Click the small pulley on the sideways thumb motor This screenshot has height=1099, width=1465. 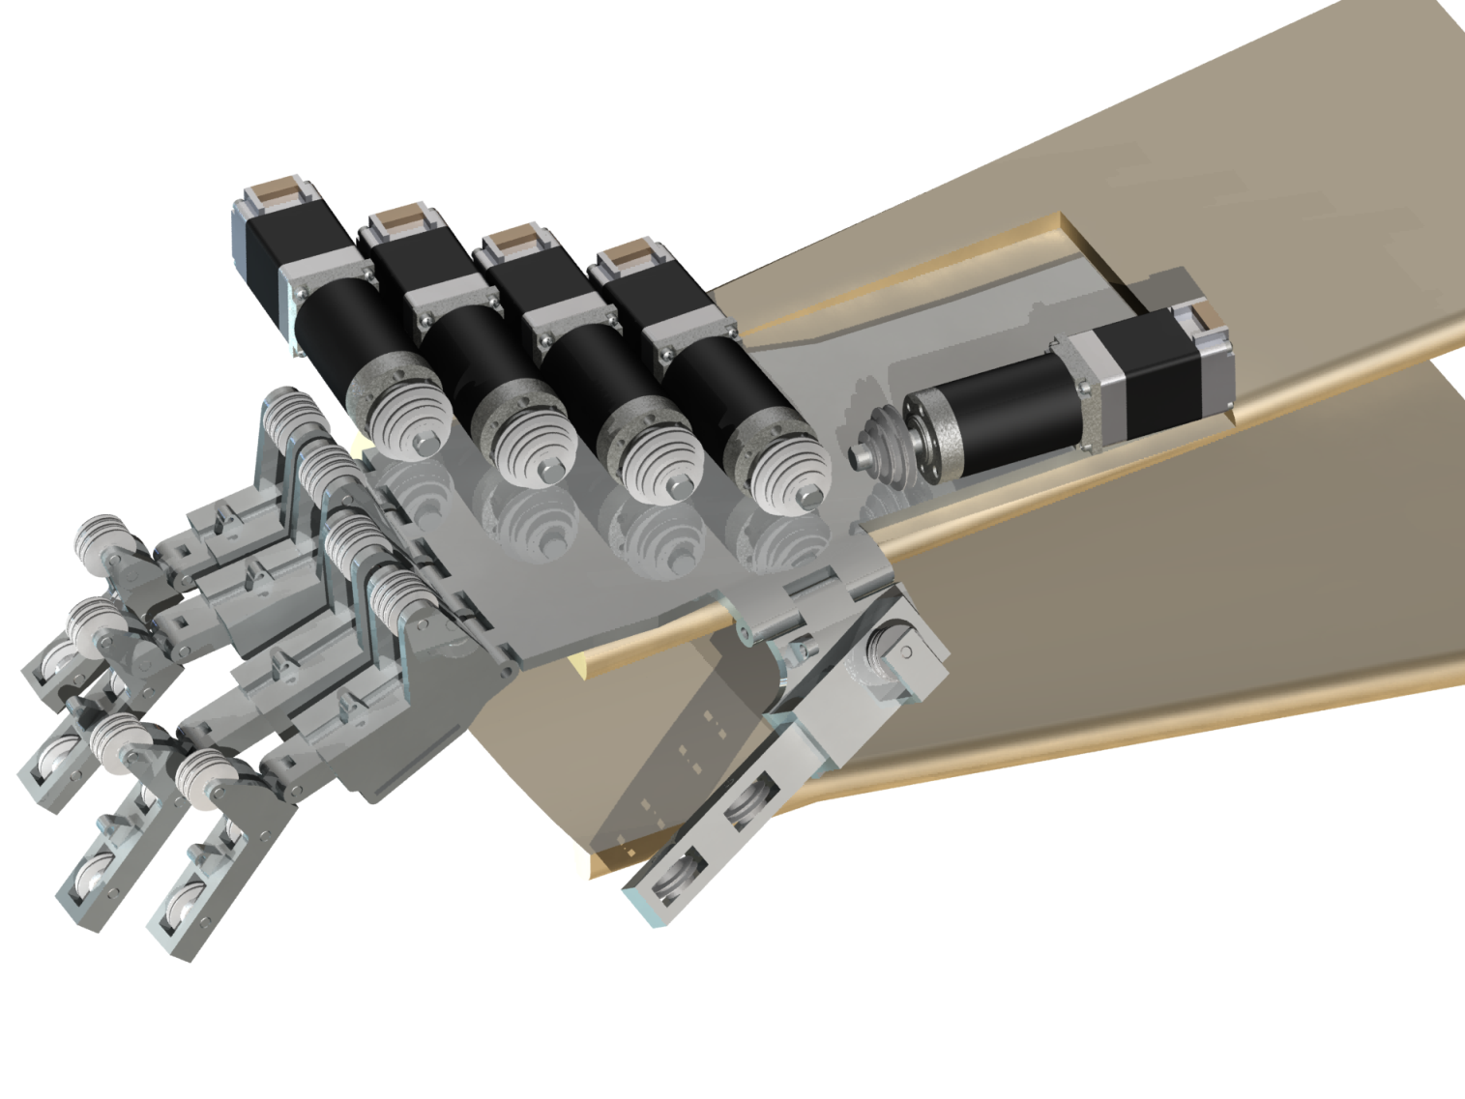(876, 440)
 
